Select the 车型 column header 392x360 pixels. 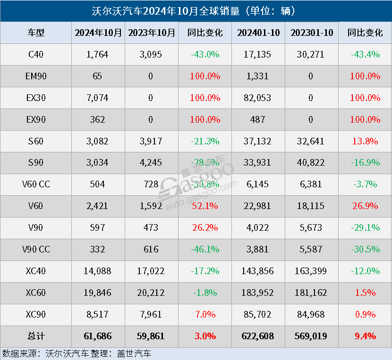coord(36,33)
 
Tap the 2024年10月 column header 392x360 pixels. coord(98,33)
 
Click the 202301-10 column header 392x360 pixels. coord(312,33)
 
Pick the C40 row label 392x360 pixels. coord(36,54)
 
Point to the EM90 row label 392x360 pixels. coord(36,76)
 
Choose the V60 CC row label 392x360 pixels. coord(36,184)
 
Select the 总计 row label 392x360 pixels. coord(36,336)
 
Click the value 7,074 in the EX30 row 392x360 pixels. coord(98,98)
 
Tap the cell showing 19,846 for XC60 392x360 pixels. coord(98,293)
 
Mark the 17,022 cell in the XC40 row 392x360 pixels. coord(152,271)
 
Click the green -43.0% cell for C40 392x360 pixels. coord(205,54)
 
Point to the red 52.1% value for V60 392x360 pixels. coord(205,206)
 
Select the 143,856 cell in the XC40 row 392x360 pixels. coord(258,271)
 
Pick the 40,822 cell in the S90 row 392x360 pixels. coord(312,162)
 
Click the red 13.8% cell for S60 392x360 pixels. coord(365,141)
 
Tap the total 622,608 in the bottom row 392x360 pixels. coord(258,336)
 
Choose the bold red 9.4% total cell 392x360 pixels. coord(365,336)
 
